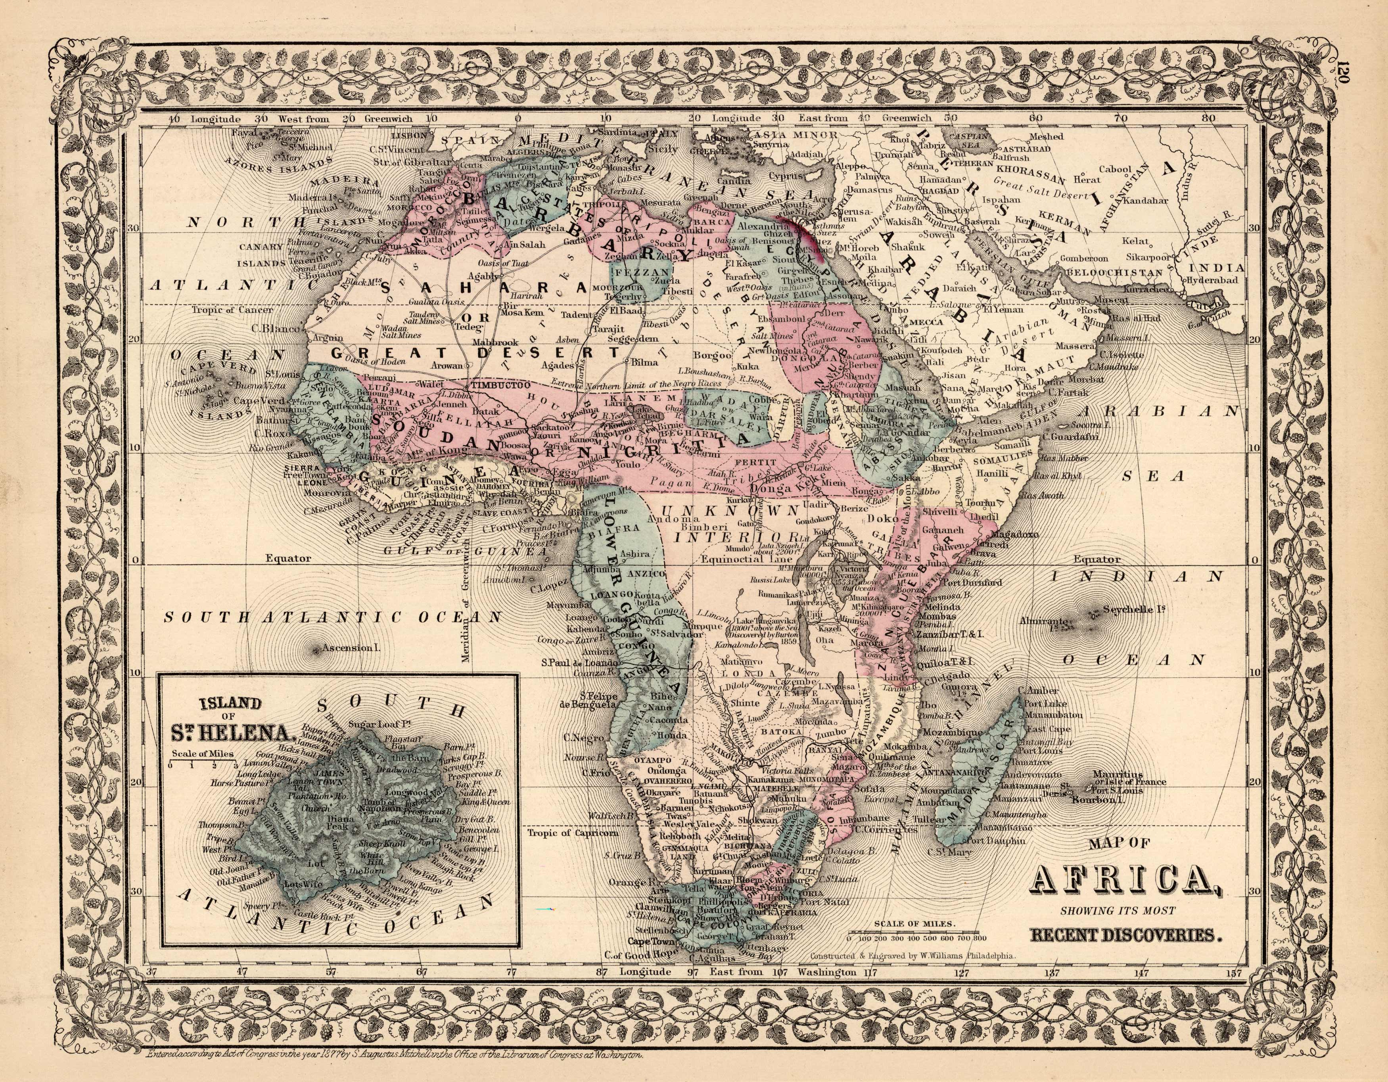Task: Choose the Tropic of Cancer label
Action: coord(233,310)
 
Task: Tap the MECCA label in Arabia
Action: coord(925,323)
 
